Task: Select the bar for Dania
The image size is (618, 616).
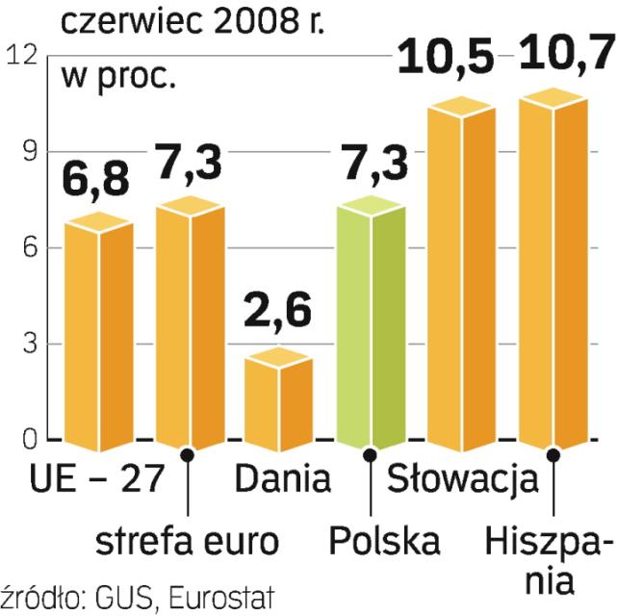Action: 278,402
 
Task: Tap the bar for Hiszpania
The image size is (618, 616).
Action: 553,274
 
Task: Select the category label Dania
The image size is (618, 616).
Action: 282,478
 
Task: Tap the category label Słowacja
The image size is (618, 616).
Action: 462,478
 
